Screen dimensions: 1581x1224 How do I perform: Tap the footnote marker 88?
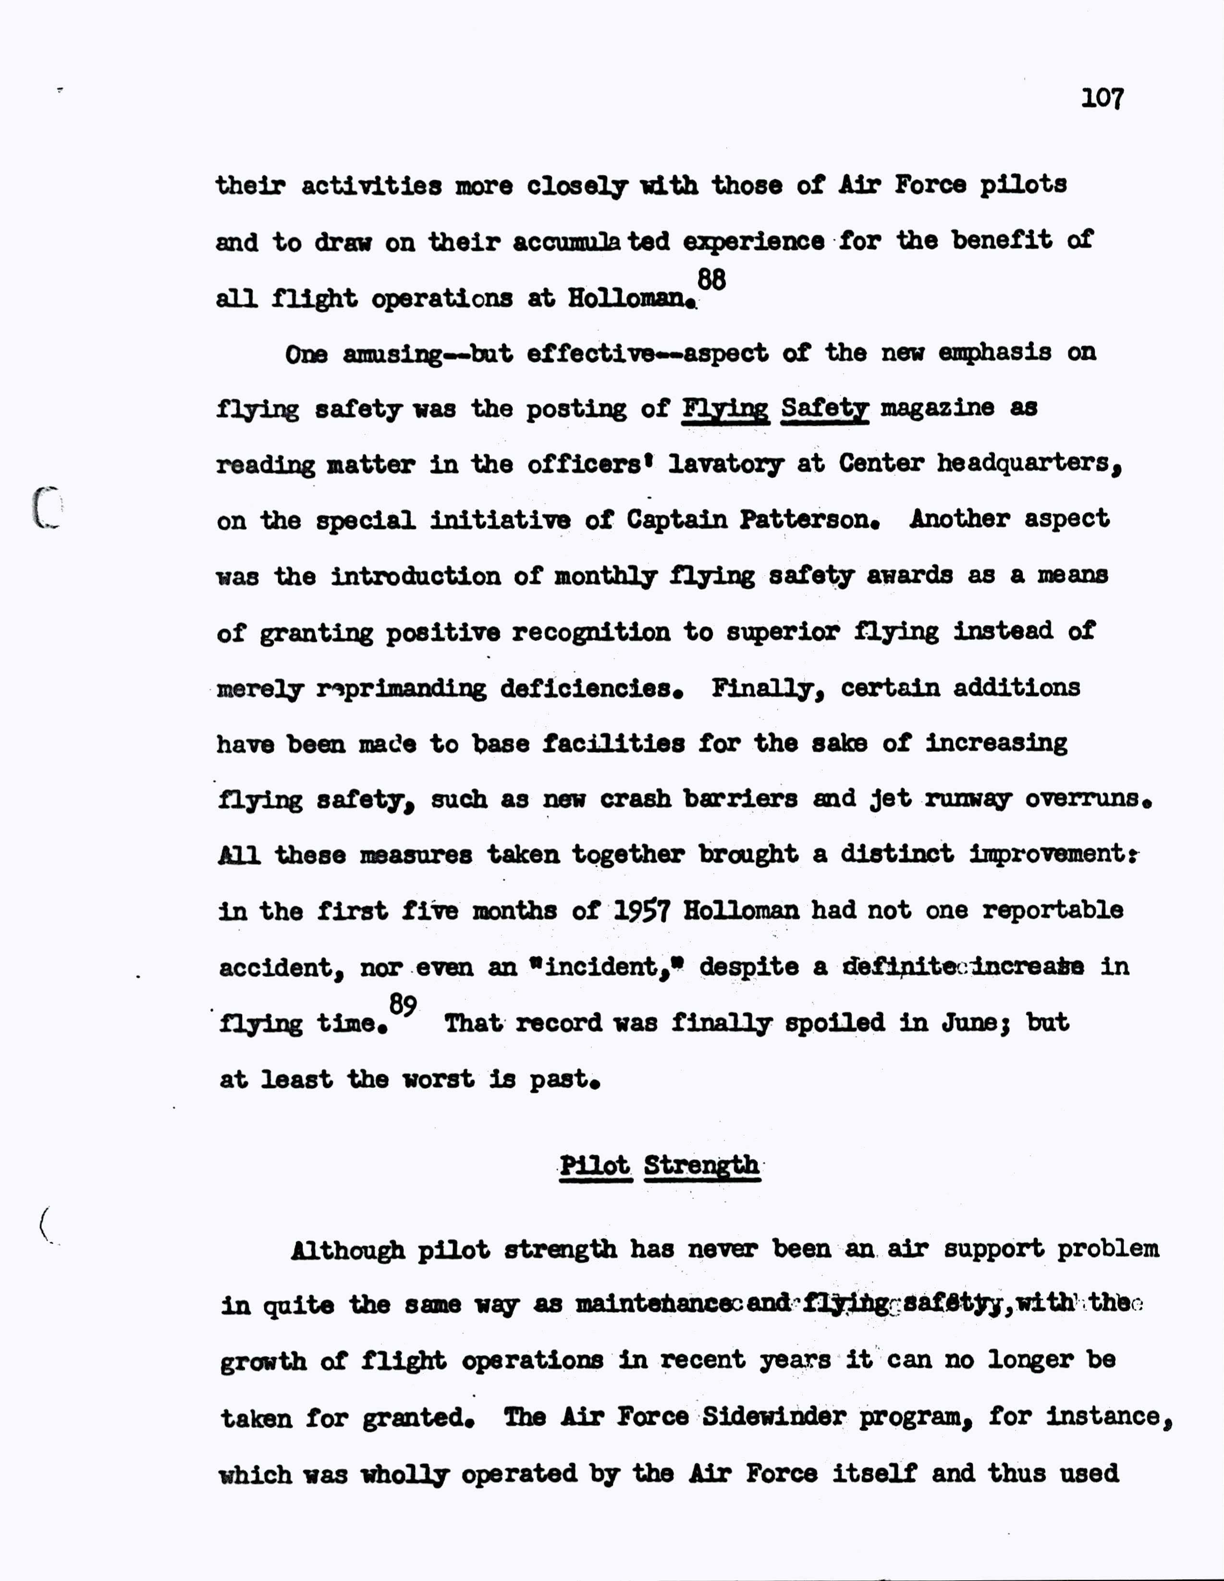pos(711,279)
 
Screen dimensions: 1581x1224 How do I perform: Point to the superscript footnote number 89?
pos(403,1005)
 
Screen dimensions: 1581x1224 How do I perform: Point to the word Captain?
pos(677,520)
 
